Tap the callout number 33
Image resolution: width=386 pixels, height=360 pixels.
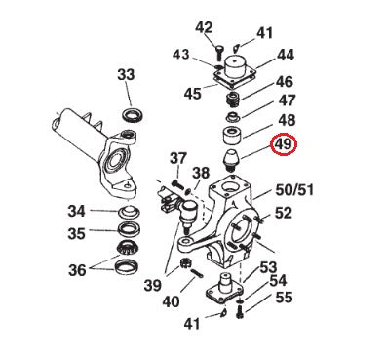pyautogui.click(x=126, y=74)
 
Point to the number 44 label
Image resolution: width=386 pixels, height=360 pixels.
pyautogui.click(x=286, y=56)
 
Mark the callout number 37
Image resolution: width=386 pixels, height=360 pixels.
pyautogui.click(x=177, y=158)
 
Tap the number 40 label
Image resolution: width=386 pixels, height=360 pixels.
pyautogui.click(x=171, y=301)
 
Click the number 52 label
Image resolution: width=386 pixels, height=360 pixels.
pyautogui.click(x=284, y=212)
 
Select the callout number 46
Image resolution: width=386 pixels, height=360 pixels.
pyautogui.click(x=284, y=82)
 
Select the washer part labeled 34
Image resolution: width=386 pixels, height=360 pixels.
pyautogui.click(x=128, y=212)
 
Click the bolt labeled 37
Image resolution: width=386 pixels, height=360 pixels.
pyautogui.click(x=177, y=184)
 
